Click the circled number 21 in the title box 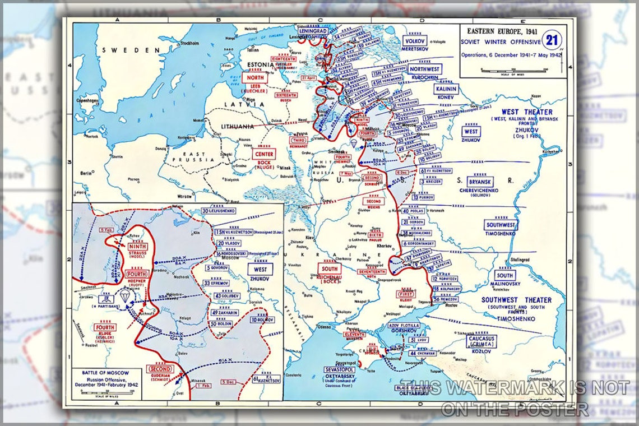pyautogui.click(x=554, y=40)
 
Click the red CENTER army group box pyautogui.click(x=264, y=154)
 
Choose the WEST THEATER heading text pyautogui.click(x=526, y=112)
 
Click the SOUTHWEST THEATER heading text pyautogui.click(x=516, y=300)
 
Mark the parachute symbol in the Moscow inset pyautogui.click(x=123, y=297)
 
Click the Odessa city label pyautogui.click(x=323, y=327)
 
